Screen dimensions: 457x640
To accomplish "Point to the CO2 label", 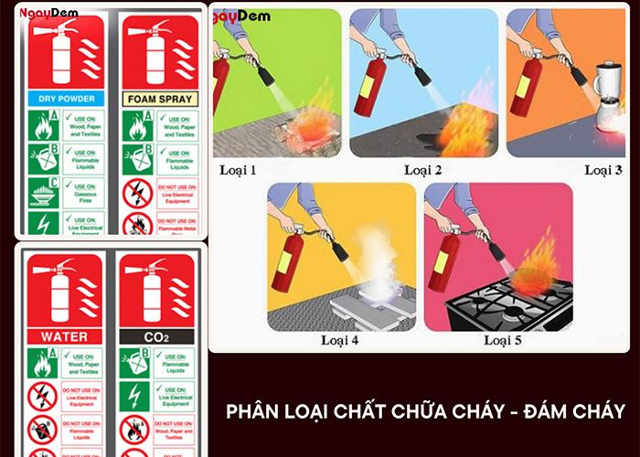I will click(x=155, y=336).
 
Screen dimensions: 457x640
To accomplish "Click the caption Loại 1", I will click(x=239, y=170).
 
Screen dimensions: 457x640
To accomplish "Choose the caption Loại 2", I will click(x=422, y=170).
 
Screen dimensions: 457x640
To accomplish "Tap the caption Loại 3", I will click(x=603, y=170).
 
